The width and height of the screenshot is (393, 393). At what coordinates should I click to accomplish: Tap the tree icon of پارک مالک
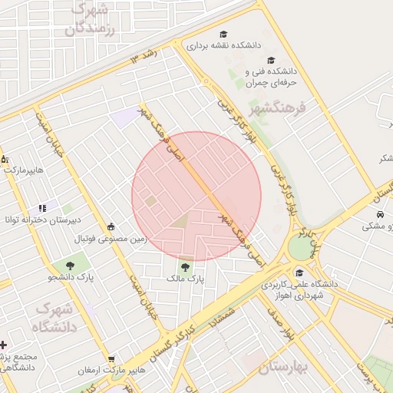(x=184, y=266)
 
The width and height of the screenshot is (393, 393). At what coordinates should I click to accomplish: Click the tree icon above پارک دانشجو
(x=70, y=265)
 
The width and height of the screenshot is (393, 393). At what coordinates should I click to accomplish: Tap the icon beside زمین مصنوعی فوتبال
(x=112, y=226)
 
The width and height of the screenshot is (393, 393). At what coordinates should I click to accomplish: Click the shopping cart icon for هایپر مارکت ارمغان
(x=112, y=359)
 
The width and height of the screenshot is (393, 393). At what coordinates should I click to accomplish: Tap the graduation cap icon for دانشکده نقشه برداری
(x=223, y=34)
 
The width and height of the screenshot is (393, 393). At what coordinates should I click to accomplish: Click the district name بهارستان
(x=282, y=368)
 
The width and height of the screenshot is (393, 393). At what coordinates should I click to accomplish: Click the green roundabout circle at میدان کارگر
(x=301, y=247)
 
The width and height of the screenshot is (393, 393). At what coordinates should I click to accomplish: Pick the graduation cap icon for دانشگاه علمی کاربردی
(x=299, y=272)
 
